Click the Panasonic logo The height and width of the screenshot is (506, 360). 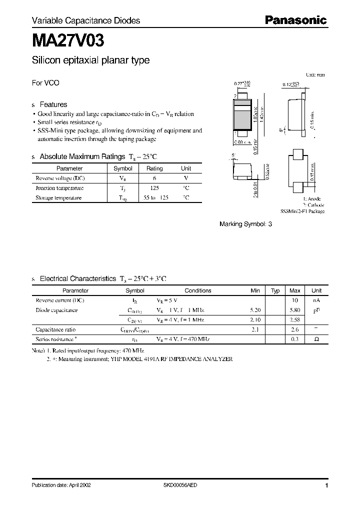[295, 20]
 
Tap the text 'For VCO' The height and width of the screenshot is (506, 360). [45, 83]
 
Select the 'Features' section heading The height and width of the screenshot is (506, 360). [53, 104]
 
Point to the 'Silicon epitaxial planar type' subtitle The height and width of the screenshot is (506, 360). [90, 60]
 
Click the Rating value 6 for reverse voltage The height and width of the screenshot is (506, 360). [154, 178]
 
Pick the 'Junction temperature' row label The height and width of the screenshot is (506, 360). [59, 188]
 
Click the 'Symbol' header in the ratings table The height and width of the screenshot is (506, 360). [123, 169]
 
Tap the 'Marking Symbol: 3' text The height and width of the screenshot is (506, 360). [245, 224]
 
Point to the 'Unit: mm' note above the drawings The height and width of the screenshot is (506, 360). [315, 74]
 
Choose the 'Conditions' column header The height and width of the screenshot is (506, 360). [198, 290]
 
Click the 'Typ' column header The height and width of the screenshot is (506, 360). [275, 290]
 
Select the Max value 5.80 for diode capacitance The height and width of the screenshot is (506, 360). [295, 310]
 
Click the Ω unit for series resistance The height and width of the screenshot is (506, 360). [316, 339]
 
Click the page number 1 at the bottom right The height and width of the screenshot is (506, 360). [326, 485]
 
